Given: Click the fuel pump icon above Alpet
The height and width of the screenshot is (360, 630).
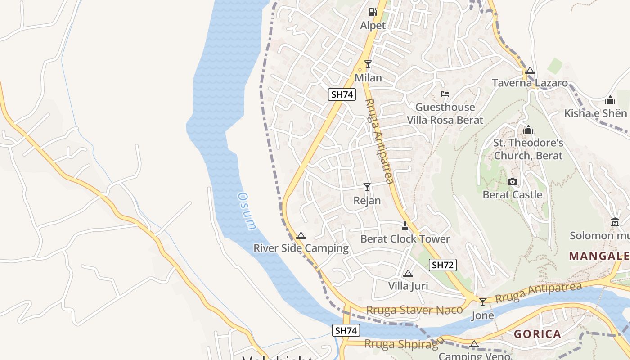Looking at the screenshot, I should [x=373, y=12].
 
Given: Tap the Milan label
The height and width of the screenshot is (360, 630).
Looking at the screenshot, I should [x=368, y=78].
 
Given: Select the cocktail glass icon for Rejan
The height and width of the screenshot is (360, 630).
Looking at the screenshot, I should [x=367, y=187].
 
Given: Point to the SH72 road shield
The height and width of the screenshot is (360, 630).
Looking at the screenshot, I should [x=442, y=265].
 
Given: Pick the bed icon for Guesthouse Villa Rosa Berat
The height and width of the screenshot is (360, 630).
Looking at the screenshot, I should [x=445, y=94].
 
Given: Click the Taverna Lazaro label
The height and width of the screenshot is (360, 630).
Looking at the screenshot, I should [x=530, y=83].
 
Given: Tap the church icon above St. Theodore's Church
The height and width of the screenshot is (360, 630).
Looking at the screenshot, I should [x=528, y=130].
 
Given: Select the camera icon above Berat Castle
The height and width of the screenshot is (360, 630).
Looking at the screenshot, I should [x=512, y=182].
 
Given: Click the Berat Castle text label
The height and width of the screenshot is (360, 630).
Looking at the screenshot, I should [x=512, y=195].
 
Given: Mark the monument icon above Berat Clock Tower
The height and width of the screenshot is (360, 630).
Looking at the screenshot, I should [x=405, y=226].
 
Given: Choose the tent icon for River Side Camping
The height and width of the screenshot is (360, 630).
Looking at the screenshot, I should [x=301, y=235].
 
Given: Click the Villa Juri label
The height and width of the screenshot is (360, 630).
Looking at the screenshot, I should [x=408, y=286].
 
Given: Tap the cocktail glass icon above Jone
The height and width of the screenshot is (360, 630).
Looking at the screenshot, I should [x=483, y=301].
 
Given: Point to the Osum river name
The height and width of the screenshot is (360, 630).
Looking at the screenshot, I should [x=247, y=211].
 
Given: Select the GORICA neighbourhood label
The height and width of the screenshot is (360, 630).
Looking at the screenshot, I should [x=538, y=334].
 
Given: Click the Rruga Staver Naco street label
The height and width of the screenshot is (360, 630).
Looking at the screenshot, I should [x=414, y=310].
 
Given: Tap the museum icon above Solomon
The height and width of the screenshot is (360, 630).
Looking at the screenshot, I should [x=615, y=222].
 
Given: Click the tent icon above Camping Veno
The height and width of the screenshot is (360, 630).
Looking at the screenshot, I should [x=474, y=344].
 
